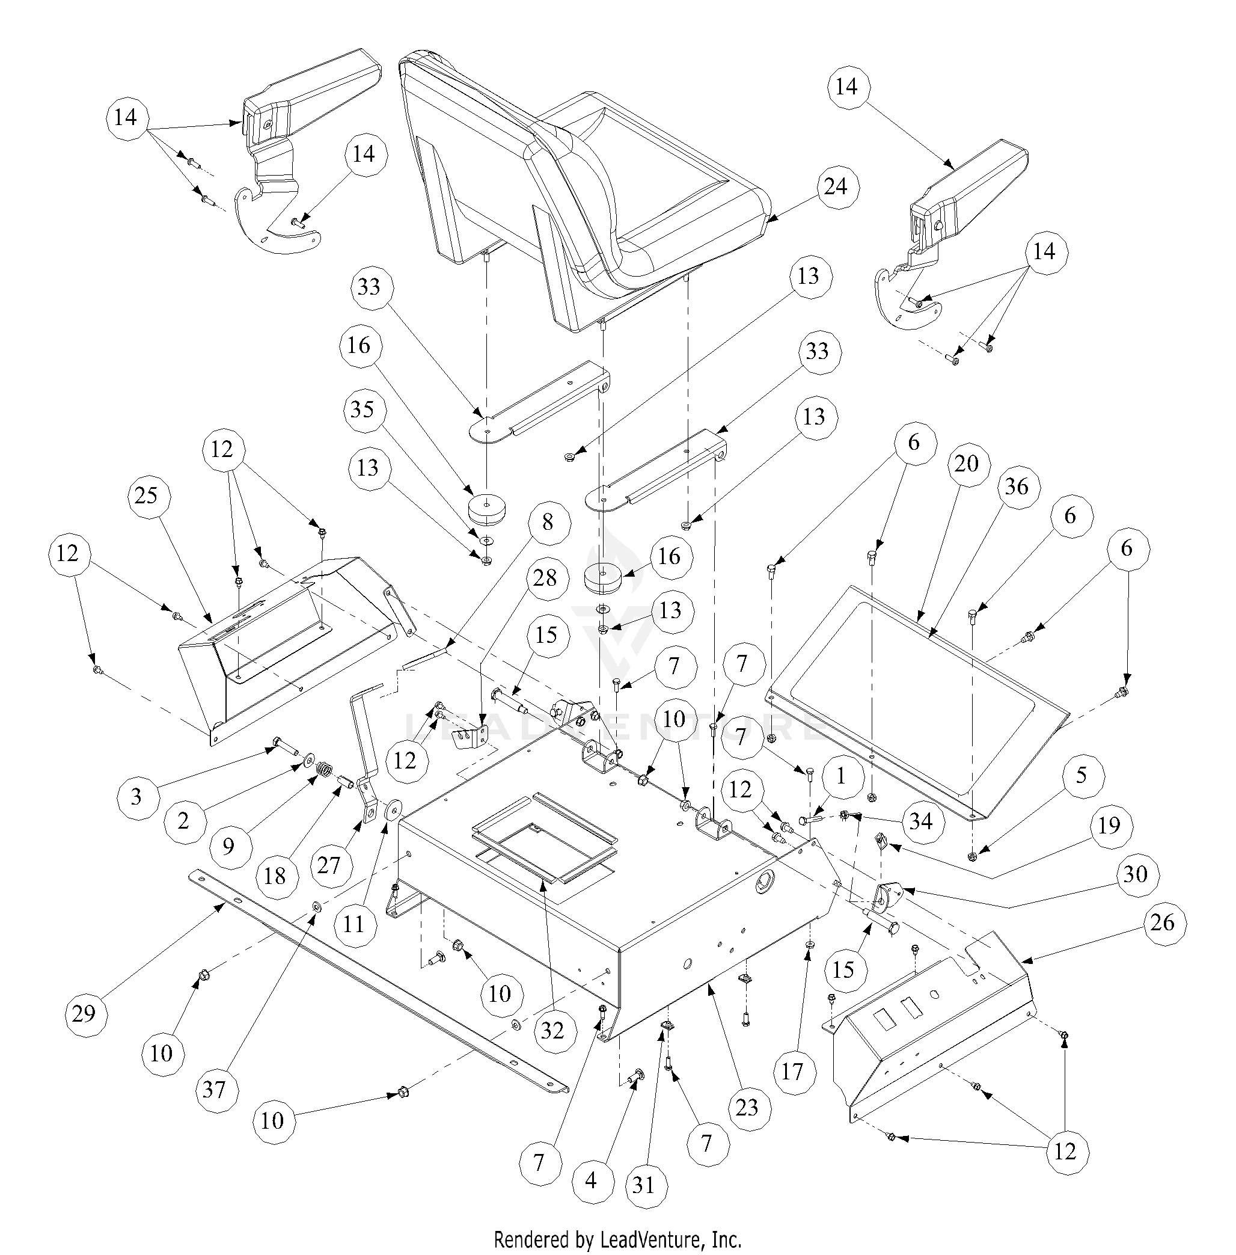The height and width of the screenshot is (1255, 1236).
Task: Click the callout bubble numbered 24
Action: click(836, 187)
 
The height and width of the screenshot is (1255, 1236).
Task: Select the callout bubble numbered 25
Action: click(146, 496)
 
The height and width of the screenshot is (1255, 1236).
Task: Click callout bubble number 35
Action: click(363, 410)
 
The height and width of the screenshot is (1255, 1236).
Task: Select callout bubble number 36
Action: click(1017, 486)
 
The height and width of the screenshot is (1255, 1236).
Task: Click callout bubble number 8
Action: click(547, 522)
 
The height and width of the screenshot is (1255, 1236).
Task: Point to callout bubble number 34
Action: click(920, 822)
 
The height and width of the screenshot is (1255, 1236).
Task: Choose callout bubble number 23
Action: click(747, 1107)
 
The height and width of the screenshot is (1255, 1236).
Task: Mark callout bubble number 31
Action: click(643, 1185)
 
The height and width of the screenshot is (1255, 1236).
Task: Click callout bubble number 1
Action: click(840, 776)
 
